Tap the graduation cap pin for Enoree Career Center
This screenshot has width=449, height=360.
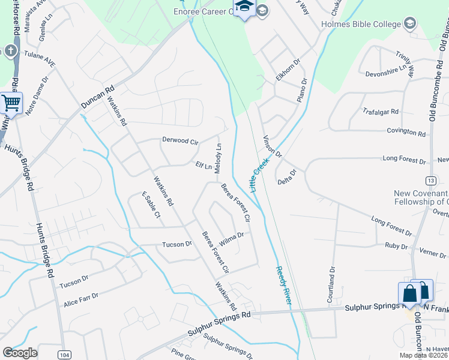[x=244, y=8]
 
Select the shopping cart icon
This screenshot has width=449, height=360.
[x=11, y=103]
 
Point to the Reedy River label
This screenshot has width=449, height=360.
[x=283, y=286]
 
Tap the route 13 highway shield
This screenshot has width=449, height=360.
[x=430, y=181]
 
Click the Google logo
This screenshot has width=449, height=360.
[x=20, y=353]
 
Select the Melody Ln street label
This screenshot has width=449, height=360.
[x=218, y=157]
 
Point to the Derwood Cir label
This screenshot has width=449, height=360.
[x=180, y=140]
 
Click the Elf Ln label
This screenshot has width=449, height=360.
[x=204, y=166]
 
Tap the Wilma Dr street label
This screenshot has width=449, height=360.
[x=231, y=239]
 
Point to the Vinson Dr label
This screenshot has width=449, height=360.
[x=273, y=146]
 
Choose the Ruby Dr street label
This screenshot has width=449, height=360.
[x=396, y=246]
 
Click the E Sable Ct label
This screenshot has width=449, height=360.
[x=151, y=205]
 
